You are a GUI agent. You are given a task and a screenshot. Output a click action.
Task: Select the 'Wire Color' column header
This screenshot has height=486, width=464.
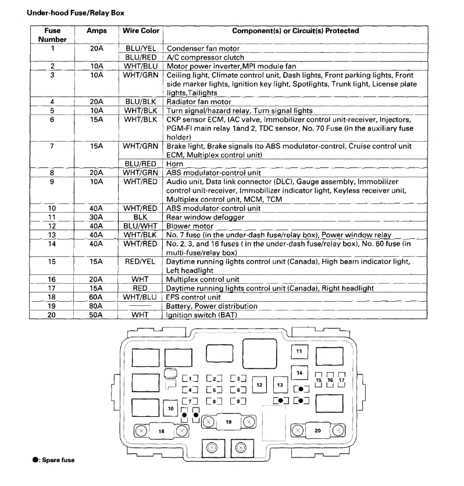(x=141, y=30)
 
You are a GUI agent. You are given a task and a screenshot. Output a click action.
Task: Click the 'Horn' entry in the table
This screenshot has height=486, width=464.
(x=175, y=164)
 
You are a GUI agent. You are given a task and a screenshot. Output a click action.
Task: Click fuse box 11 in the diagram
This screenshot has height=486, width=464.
(x=299, y=352)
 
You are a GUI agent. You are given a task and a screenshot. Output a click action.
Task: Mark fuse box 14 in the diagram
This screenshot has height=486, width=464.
(x=299, y=373)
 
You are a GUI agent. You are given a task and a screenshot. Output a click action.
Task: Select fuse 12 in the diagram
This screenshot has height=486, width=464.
(x=260, y=384)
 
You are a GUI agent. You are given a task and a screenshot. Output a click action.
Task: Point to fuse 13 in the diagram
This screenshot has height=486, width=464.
(x=280, y=384)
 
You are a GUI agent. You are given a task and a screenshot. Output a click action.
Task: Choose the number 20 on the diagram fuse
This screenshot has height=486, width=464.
(x=317, y=430)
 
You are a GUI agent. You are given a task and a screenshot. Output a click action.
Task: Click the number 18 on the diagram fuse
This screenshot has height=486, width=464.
(x=161, y=431)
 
